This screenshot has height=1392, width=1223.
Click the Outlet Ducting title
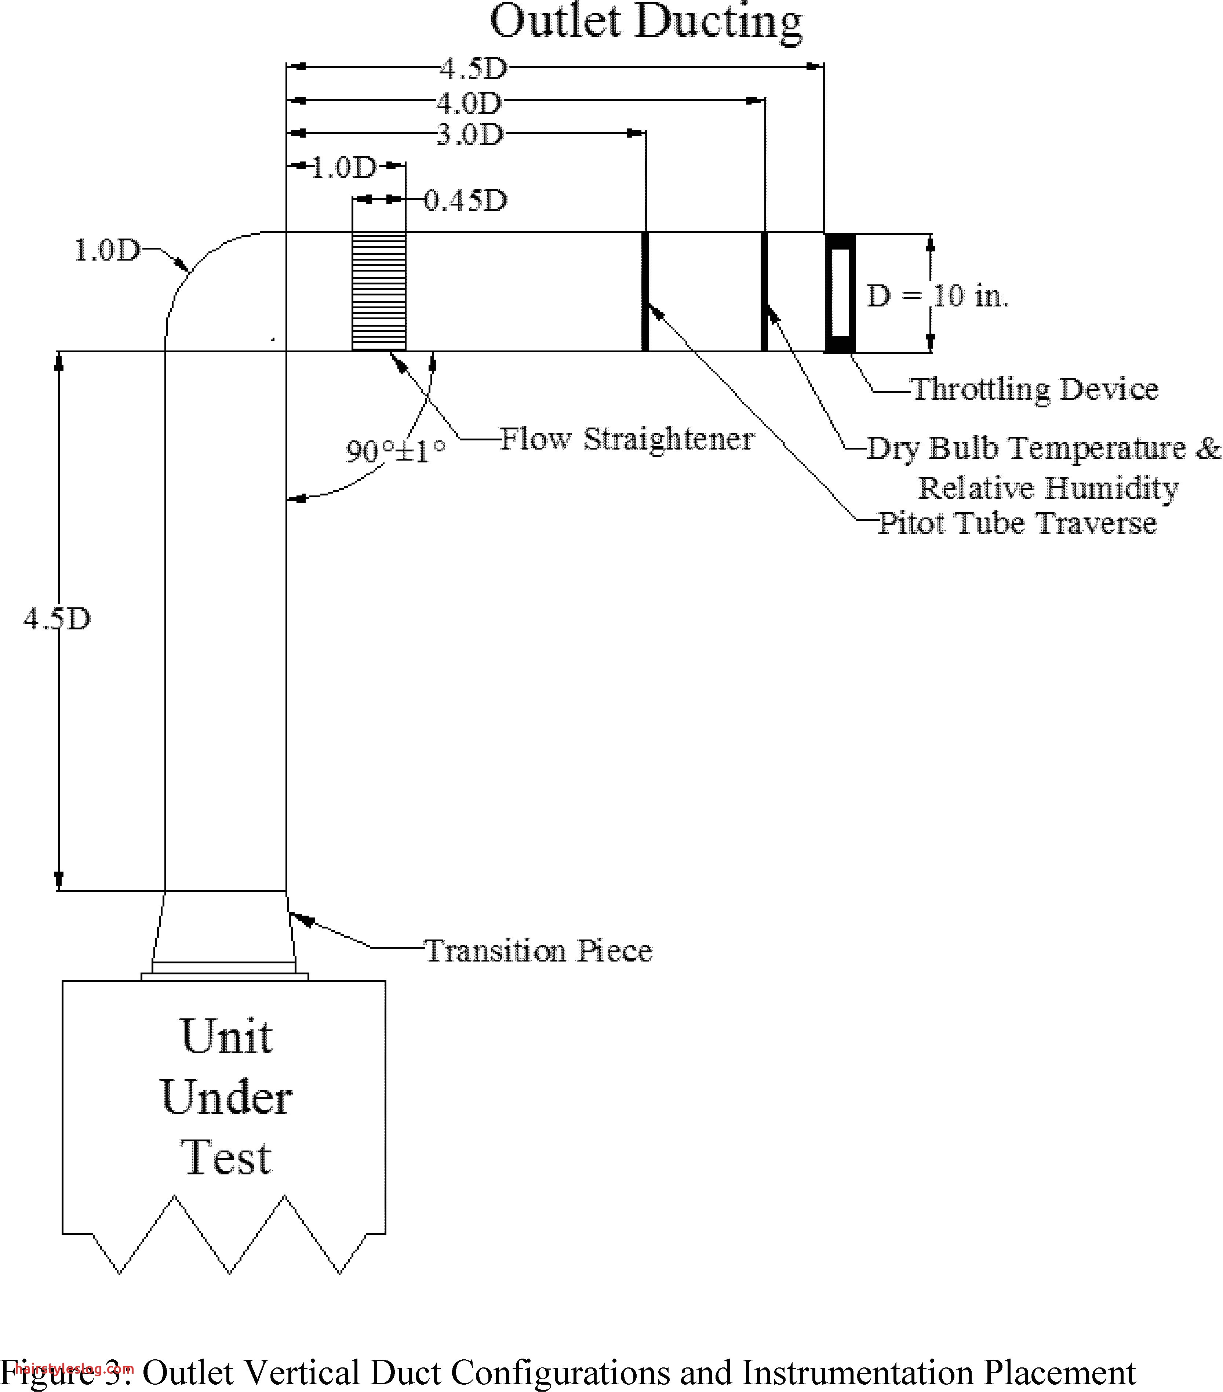pyautogui.click(x=645, y=22)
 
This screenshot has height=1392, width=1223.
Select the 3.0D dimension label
pyautogui.click(x=469, y=135)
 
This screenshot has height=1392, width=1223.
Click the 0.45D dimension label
pyautogui.click(x=466, y=201)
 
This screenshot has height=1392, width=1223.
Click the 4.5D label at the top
pyautogui.click(x=473, y=68)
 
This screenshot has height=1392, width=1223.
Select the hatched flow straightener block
pyautogui.click(x=379, y=291)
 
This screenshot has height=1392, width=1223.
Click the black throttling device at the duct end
pyautogui.click(x=840, y=293)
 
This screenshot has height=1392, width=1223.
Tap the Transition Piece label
pyautogui.click(x=538, y=951)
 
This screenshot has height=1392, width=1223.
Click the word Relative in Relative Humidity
pyautogui.click(x=976, y=488)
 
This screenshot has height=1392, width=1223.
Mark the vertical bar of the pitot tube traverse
pyautogui.click(x=645, y=291)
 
